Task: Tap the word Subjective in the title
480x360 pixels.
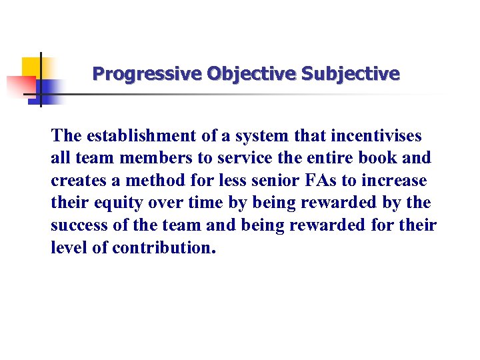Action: point(351,73)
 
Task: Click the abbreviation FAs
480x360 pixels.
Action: point(317,181)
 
